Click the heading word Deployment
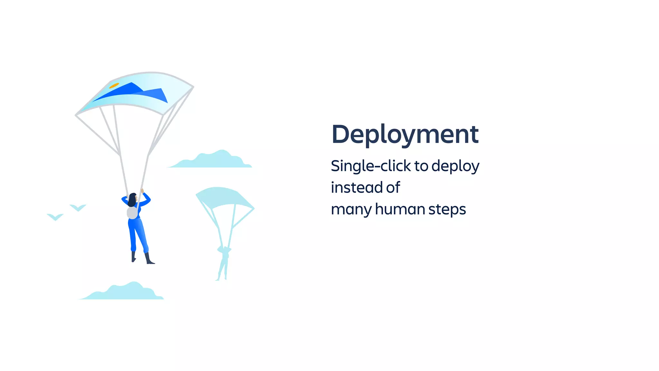(x=405, y=134)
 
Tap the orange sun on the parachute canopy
(x=114, y=86)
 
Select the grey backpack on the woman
(x=132, y=213)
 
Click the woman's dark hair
(x=132, y=200)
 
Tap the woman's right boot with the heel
(x=149, y=259)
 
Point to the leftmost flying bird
(x=55, y=217)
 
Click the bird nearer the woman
(x=78, y=208)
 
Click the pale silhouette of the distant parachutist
(x=224, y=262)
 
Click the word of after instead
(x=393, y=187)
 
